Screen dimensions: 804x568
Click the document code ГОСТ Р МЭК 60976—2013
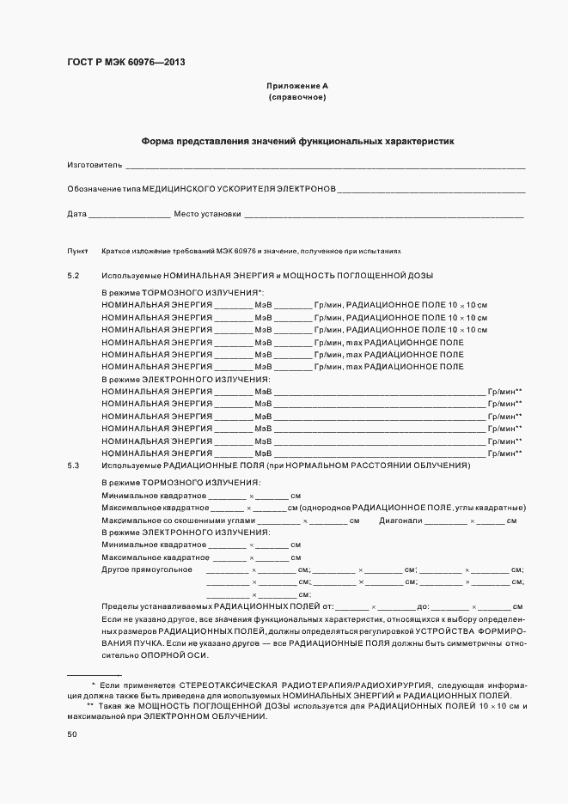coord(125,63)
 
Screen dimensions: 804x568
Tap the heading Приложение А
coord(297,87)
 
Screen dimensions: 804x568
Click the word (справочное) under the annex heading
coord(297,98)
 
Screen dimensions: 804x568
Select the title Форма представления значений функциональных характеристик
coord(297,140)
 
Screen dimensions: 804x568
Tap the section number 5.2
coord(73,275)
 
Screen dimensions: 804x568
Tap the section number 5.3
coord(73,465)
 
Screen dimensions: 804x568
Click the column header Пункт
coord(77,251)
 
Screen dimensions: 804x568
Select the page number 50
coord(72,734)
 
